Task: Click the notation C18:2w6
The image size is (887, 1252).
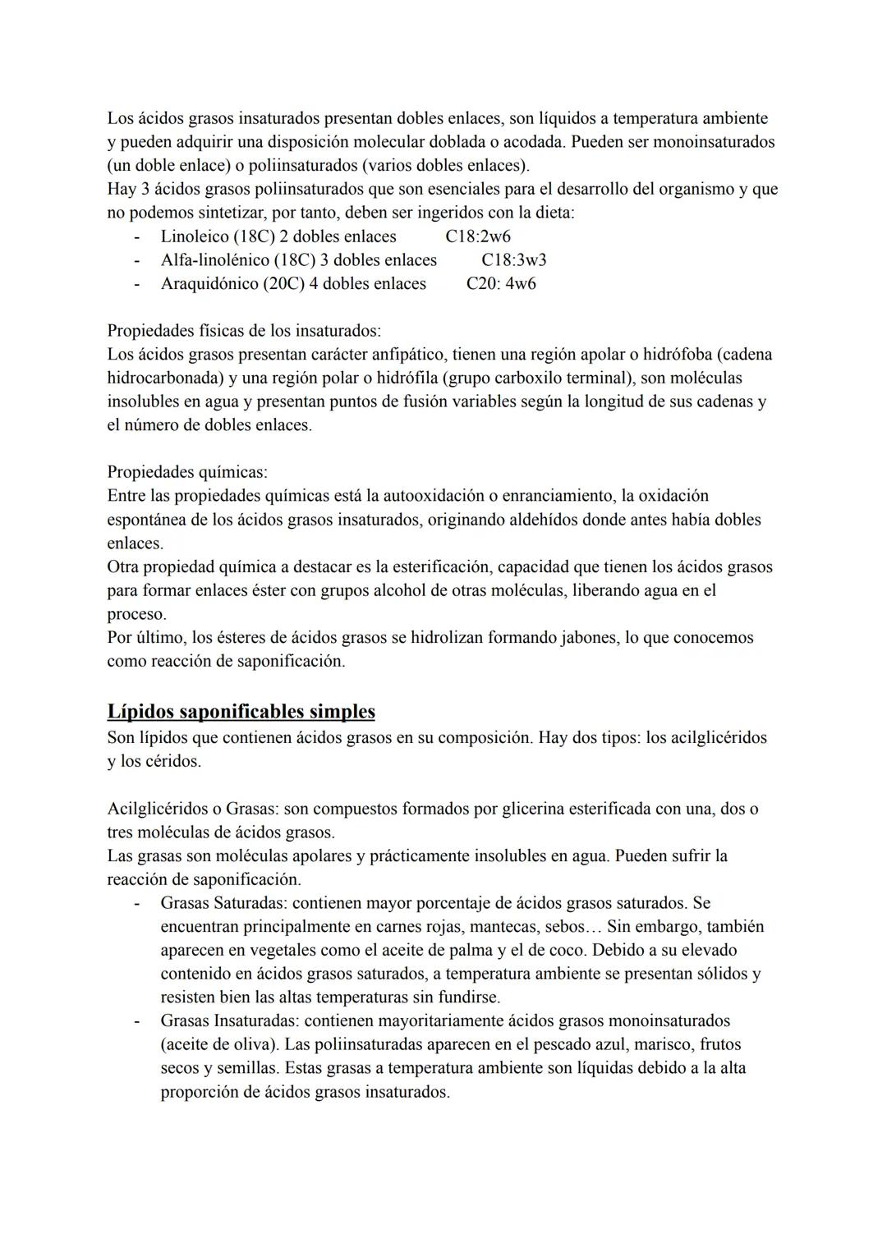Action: pos(478,236)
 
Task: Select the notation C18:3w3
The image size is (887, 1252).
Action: pos(514,260)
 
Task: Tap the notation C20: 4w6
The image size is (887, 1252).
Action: pos(501,284)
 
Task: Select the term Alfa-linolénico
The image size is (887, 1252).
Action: pos(216,260)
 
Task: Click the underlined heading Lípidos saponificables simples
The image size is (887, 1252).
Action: pos(241,711)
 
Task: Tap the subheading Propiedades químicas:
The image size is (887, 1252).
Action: pos(187,472)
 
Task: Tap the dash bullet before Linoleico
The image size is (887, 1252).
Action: pos(137,236)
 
